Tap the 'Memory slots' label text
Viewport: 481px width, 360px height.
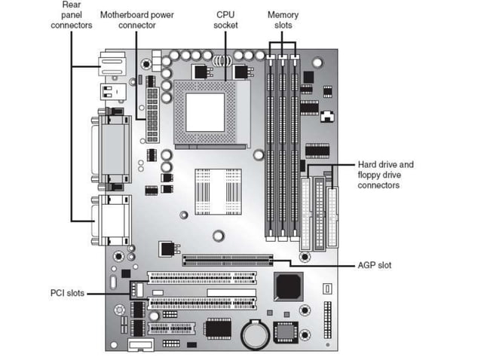click(283, 20)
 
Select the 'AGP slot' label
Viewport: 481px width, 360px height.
click(374, 265)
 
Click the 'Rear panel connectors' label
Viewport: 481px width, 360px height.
click(71, 14)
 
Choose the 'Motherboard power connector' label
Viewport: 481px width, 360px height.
click(137, 20)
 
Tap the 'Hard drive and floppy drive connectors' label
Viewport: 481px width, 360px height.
click(385, 175)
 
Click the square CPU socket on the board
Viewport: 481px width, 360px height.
click(204, 110)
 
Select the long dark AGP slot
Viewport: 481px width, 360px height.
click(227, 261)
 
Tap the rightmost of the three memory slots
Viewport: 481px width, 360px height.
click(295, 147)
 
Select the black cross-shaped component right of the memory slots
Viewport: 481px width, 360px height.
click(326, 117)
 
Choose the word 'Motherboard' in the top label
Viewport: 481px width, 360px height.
click(124, 14)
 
